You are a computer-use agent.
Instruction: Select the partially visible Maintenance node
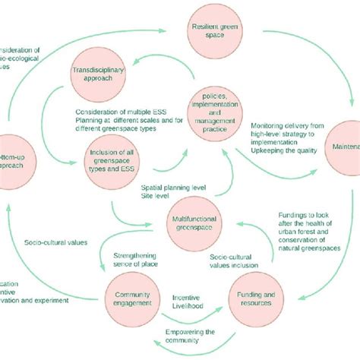click(346, 146)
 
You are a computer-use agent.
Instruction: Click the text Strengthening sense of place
click(141, 262)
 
